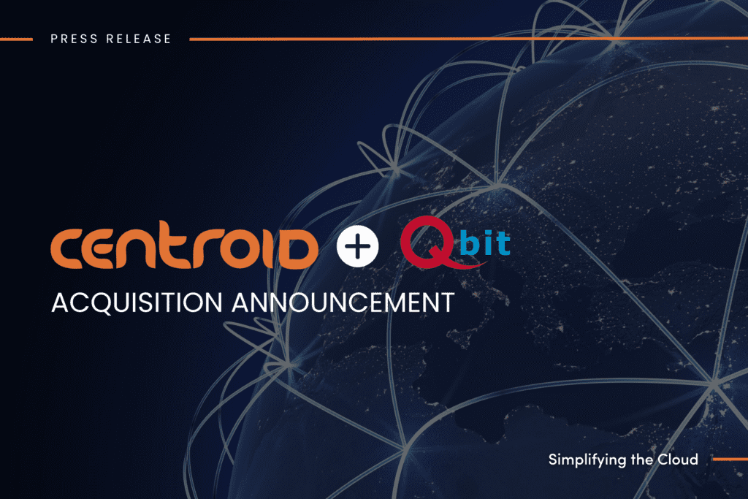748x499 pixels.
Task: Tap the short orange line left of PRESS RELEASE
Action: click(x=16, y=39)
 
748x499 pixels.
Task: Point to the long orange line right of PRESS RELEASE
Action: click(x=467, y=39)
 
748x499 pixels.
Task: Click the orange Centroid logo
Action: click(x=185, y=249)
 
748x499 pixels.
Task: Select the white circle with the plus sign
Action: click(x=358, y=249)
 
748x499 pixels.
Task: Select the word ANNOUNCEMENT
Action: click(x=342, y=302)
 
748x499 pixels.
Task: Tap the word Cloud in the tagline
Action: click(x=677, y=460)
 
